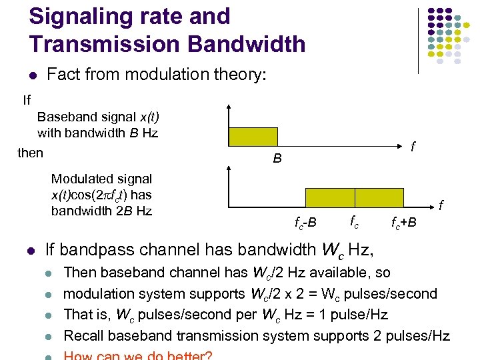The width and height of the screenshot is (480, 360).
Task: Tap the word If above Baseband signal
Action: click(27, 101)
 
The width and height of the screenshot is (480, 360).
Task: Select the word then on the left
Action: click(30, 153)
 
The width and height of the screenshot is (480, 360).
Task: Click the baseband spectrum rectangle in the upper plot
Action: click(253, 137)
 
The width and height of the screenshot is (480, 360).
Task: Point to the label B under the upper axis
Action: click(277, 159)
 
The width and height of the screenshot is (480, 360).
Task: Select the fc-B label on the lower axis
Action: click(305, 221)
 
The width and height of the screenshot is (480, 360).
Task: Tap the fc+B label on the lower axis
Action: click(403, 221)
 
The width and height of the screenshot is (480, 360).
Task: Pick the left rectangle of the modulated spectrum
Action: click(330, 198)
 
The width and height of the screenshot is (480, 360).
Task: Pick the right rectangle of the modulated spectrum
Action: click(379, 198)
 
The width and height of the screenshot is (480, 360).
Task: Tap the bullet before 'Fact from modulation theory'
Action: click(31, 75)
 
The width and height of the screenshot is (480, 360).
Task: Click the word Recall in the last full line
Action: click(85, 335)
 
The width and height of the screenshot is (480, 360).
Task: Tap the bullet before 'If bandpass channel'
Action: click(31, 251)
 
